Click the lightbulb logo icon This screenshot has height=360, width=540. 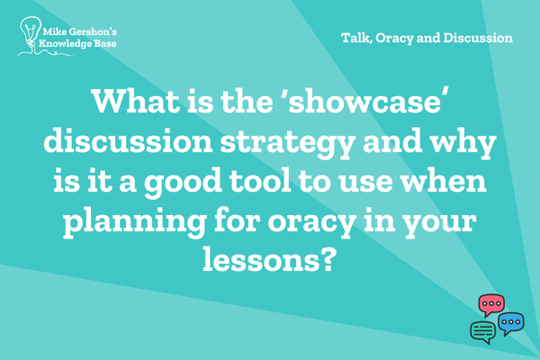coord(31,35)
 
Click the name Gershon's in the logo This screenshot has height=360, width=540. coord(93,32)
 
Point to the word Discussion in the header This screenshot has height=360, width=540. coord(478,38)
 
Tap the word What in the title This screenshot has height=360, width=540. coord(136,101)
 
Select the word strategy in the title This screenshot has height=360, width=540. coord(288,143)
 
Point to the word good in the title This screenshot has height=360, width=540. coord(183,183)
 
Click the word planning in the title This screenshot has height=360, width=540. coord(135,222)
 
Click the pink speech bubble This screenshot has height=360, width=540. coord(491,305)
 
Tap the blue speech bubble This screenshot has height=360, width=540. coord(511,323)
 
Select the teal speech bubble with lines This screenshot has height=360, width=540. coord(483,332)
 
